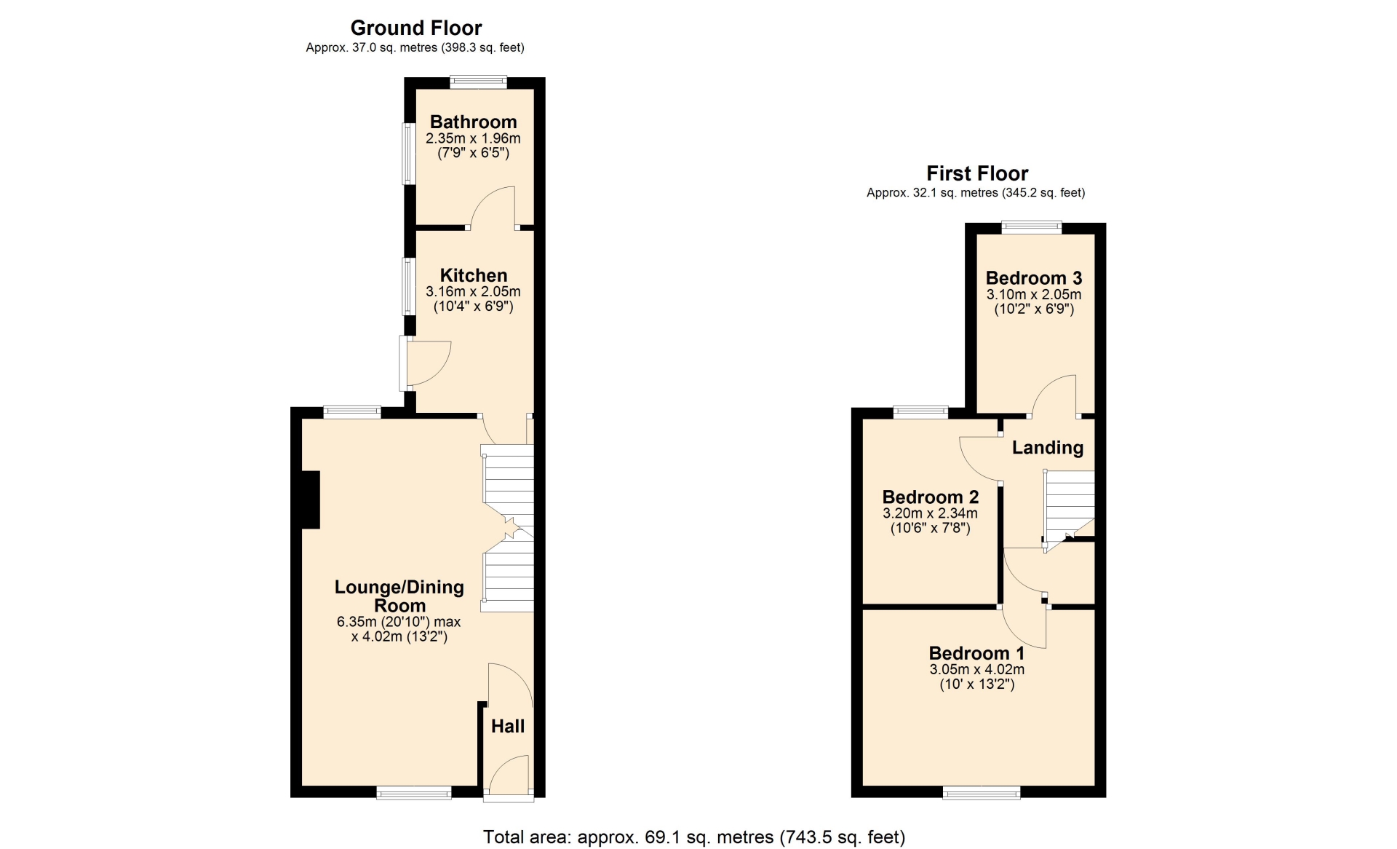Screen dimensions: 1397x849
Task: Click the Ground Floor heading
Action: [x=416, y=28]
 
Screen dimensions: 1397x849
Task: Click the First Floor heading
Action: [x=977, y=173]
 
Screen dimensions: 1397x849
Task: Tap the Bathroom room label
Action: [x=474, y=122]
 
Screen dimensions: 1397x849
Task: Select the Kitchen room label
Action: [x=474, y=275]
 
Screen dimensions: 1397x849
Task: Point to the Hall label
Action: [x=508, y=726]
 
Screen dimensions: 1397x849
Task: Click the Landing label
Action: [x=1048, y=447]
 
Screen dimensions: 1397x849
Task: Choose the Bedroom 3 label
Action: [x=1034, y=278]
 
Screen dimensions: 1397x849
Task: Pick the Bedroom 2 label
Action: [x=931, y=497]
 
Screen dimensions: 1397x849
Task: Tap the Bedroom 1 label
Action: [x=977, y=653]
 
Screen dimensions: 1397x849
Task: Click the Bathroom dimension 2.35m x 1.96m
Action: [x=474, y=138]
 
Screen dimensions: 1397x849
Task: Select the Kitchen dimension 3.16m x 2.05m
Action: [x=474, y=291]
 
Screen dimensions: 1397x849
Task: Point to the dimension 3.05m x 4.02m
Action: [x=977, y=669]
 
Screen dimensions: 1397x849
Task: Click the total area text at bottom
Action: [x=694, y=837]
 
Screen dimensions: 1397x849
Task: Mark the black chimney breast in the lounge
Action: [x=311, y=499]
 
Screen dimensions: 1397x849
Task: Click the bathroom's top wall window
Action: [x=478, y=82]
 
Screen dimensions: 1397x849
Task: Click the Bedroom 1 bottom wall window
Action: [x=981, y=793]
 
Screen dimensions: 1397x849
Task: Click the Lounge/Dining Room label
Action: [x=399, y=596]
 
